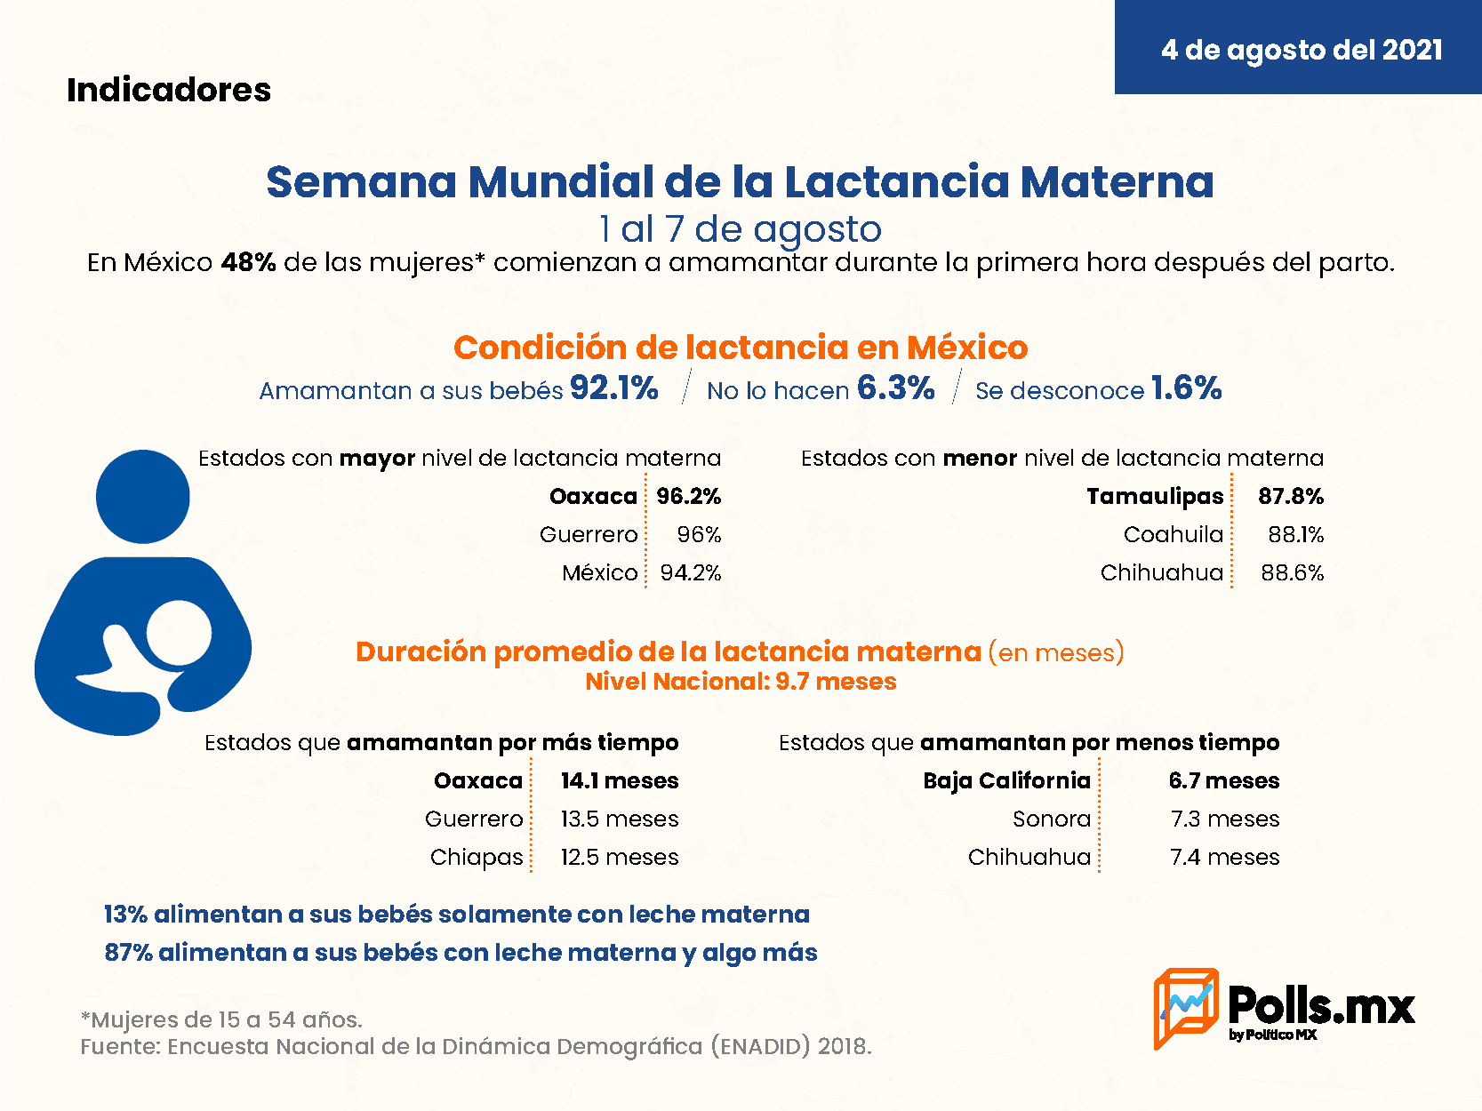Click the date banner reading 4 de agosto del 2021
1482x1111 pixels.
click(x=1298, y=46)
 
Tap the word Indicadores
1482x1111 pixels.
click(x=169, y=90)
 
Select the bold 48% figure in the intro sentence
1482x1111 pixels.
click(x=248, y=262)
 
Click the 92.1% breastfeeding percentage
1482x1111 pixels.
click(x=613, y=388)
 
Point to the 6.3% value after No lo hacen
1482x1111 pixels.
click(x=896, y=388)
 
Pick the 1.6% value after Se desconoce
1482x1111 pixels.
click(x=1186, y=388)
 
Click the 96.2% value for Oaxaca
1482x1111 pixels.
click(x=689, y=496)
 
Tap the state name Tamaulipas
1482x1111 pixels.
click(x=1155, y=497)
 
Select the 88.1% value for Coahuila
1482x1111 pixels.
click(x=1295, y=534)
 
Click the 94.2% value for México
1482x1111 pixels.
click(x=691, y=573)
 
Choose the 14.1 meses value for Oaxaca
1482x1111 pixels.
click(x=620, y=781)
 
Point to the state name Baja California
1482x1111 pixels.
click(x=1006, y=781)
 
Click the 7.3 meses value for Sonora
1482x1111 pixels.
click(x=1225, y=819)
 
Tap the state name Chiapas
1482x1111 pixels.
click(x=477, y=858)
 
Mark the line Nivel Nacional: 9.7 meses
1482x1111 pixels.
click(x=741, y=682)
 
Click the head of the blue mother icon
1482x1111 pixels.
click(x=142, y=497)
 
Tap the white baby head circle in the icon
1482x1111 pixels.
click(x=179, y=633)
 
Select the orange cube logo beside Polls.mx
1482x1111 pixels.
click(x=1186, y=1009)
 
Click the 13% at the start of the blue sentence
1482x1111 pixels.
click(x=125, y=915)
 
